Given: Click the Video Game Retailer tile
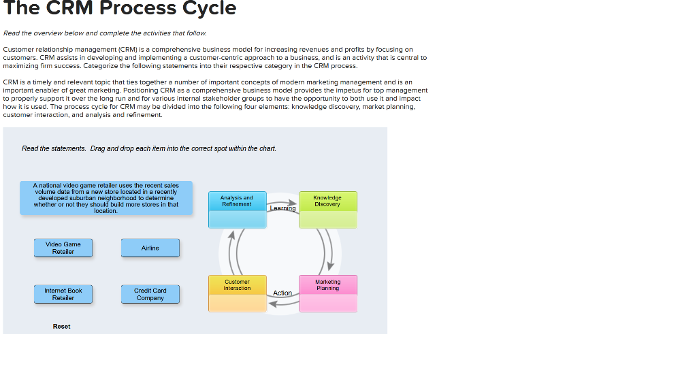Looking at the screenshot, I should coord(63,248).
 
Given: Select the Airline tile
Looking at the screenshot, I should coord(150,248).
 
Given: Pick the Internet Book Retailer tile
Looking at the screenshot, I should coord(63,294).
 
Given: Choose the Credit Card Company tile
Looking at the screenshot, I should coord(150,294).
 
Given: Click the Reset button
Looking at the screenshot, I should coord(61,327).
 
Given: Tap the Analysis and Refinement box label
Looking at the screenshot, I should coord(236,201).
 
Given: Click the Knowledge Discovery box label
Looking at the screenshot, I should coord(327,201).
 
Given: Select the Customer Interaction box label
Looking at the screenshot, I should coord(237,284).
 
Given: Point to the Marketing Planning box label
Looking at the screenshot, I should coord(327,284).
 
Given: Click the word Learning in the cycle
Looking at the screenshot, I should coord(282,209).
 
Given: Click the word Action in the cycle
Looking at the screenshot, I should coord(282,293).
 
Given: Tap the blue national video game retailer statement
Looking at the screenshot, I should coord(106,198).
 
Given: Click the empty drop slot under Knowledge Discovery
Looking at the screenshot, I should coord(327,219).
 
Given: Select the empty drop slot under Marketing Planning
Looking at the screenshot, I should coord(327,303).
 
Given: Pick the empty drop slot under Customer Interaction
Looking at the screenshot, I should coord(237,303).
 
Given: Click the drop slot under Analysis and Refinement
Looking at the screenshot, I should coord(236,219).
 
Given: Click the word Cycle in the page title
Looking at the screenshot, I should coord(206,9).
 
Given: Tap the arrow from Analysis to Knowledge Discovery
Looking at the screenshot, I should coord(282,203).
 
